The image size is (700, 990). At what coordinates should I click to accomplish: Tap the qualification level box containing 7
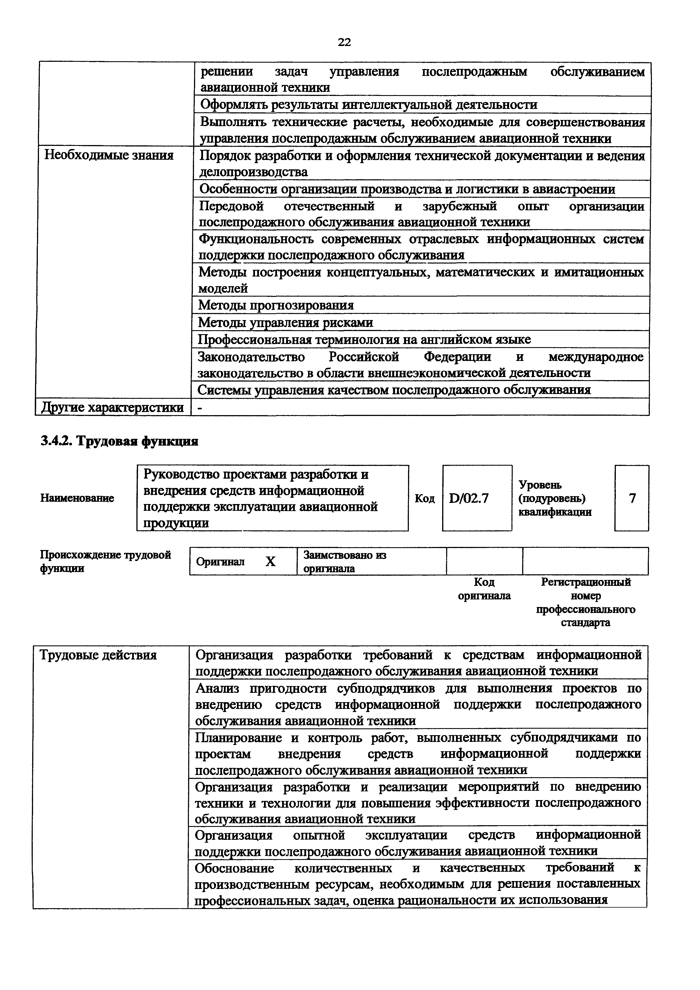(x=631, y=498)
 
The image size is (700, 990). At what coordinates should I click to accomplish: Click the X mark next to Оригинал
(x=271, y=561)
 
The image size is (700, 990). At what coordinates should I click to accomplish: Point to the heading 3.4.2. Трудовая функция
(x=119, y=441)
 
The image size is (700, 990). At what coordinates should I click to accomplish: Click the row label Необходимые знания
(x=109, y=155)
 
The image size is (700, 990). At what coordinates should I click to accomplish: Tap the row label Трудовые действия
(x=98, y=655)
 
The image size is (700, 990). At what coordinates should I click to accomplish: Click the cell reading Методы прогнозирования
(x=276, y=305)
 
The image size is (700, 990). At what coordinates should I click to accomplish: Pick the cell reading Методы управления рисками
(x=285, y=323)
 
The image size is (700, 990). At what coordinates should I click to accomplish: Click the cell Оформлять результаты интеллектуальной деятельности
(x=369, y=105)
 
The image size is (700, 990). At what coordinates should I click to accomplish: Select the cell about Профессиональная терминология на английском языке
(x=365, y=340)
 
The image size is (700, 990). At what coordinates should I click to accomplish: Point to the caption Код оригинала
(x=484, y=589)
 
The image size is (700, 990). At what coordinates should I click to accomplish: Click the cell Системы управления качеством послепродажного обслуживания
(x=394, y=390)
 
